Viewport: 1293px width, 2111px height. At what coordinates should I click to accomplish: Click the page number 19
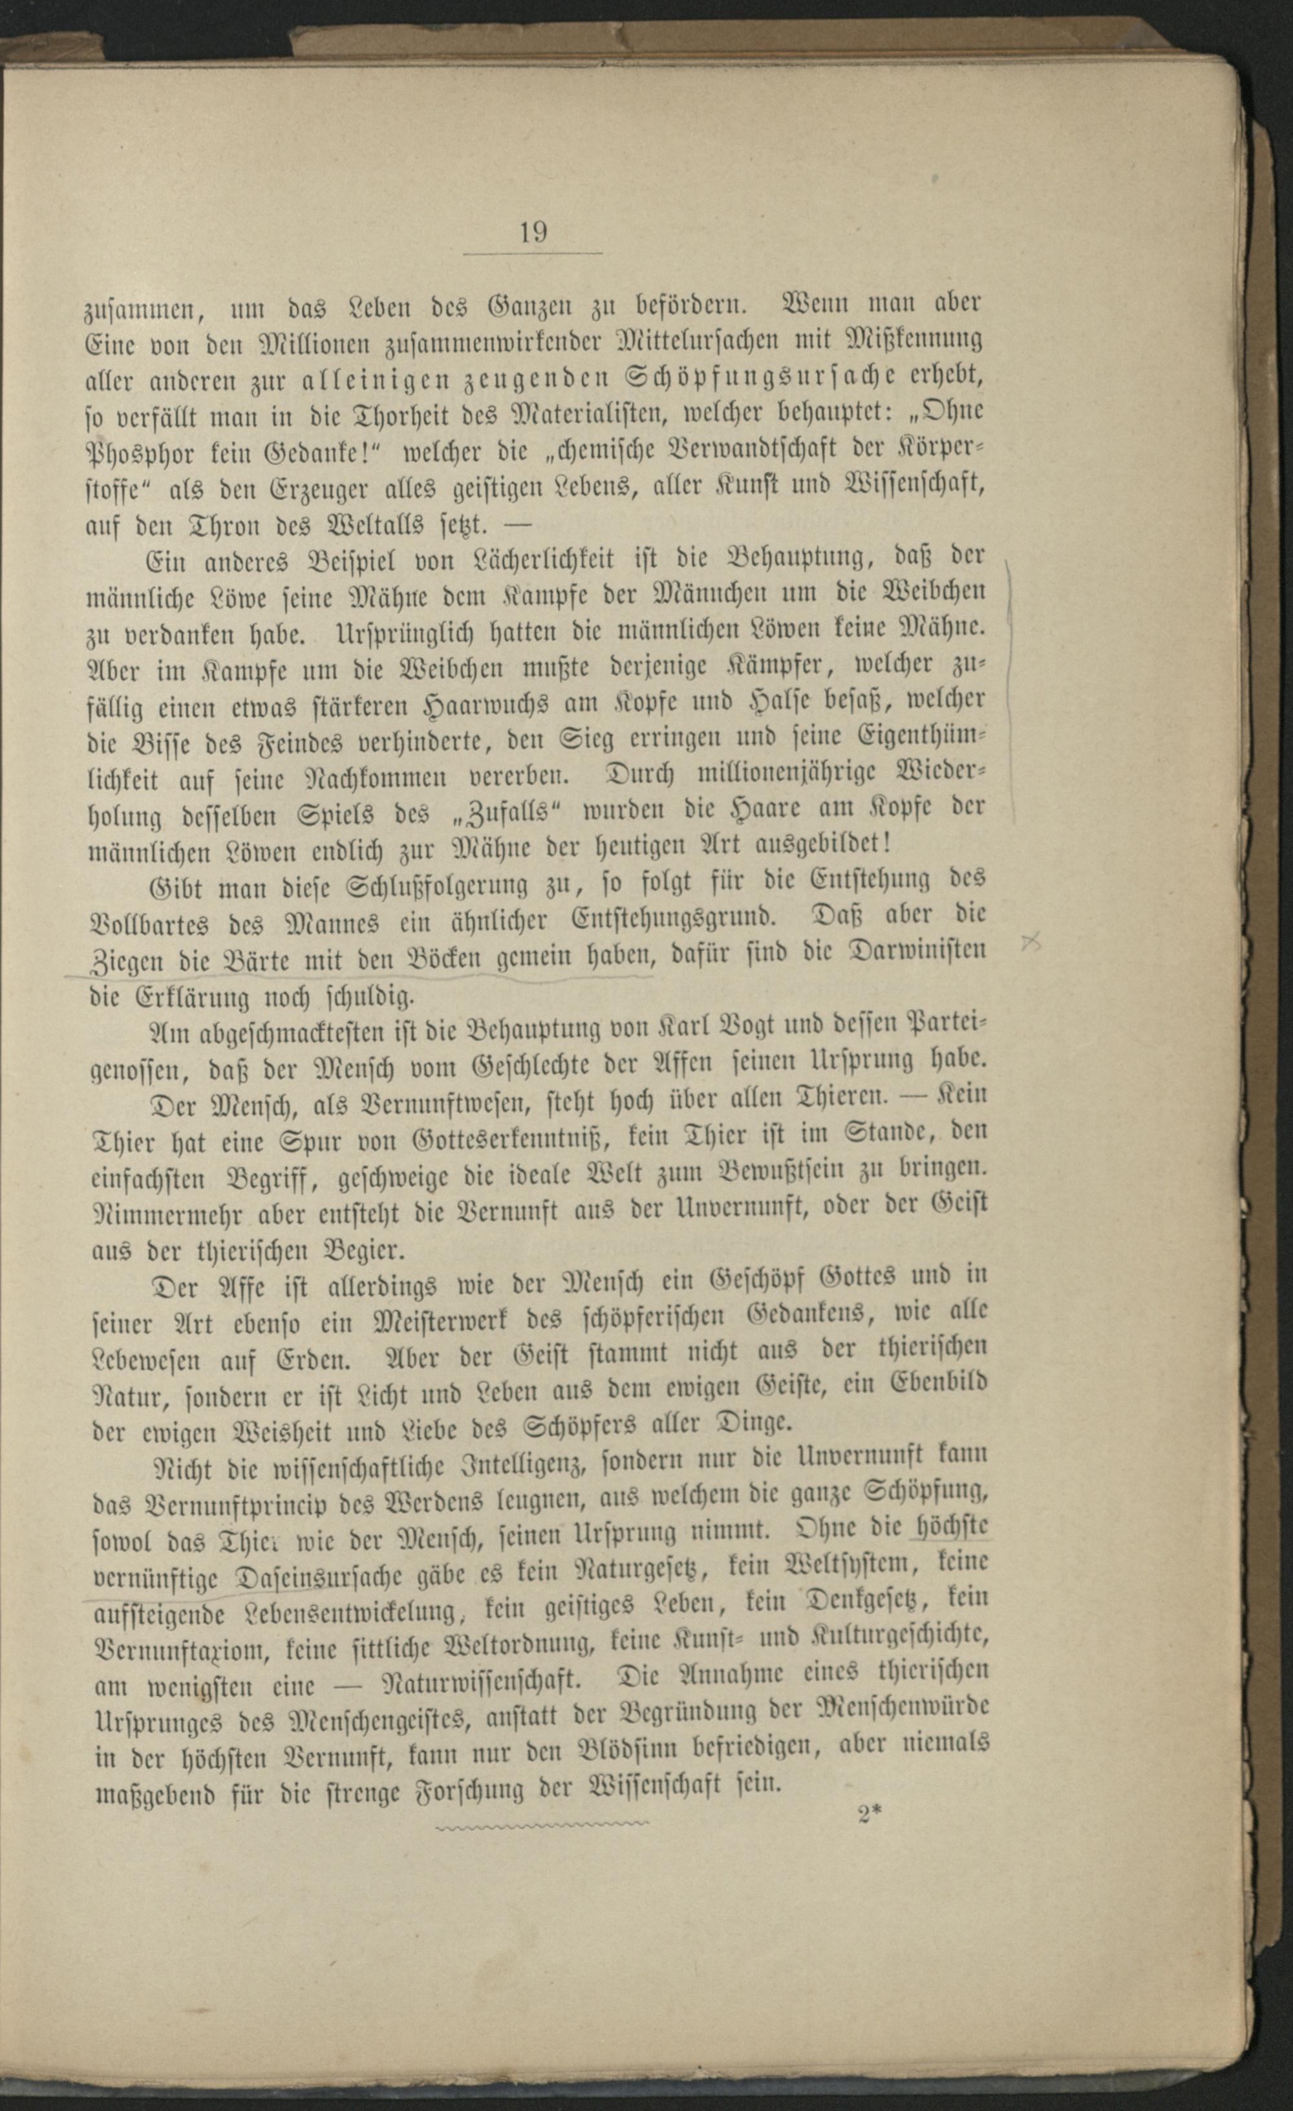pos(533,231)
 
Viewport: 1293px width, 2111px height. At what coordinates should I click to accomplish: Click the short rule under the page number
pos(533,253)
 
